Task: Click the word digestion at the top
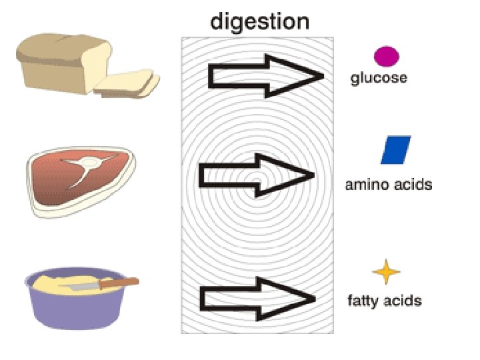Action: click(259, 22)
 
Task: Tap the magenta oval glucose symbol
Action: click(386, 57)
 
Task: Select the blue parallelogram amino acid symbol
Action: click(395, 150)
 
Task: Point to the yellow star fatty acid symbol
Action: click(386, 273)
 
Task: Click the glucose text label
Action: click(379, 79)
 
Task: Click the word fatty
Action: click(364, 301)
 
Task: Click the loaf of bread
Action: click(60, 63)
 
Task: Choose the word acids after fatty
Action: click(404, 301)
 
